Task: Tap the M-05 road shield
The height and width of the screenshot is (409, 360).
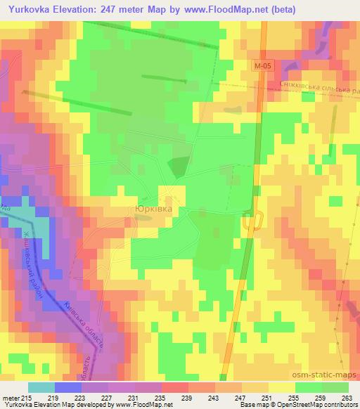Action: [262, 65]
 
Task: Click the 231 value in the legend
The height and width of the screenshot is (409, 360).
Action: [133, 398]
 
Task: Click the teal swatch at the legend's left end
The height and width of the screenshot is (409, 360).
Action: [41, 387]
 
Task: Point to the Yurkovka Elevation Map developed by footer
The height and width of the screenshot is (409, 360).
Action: [56, 405]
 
